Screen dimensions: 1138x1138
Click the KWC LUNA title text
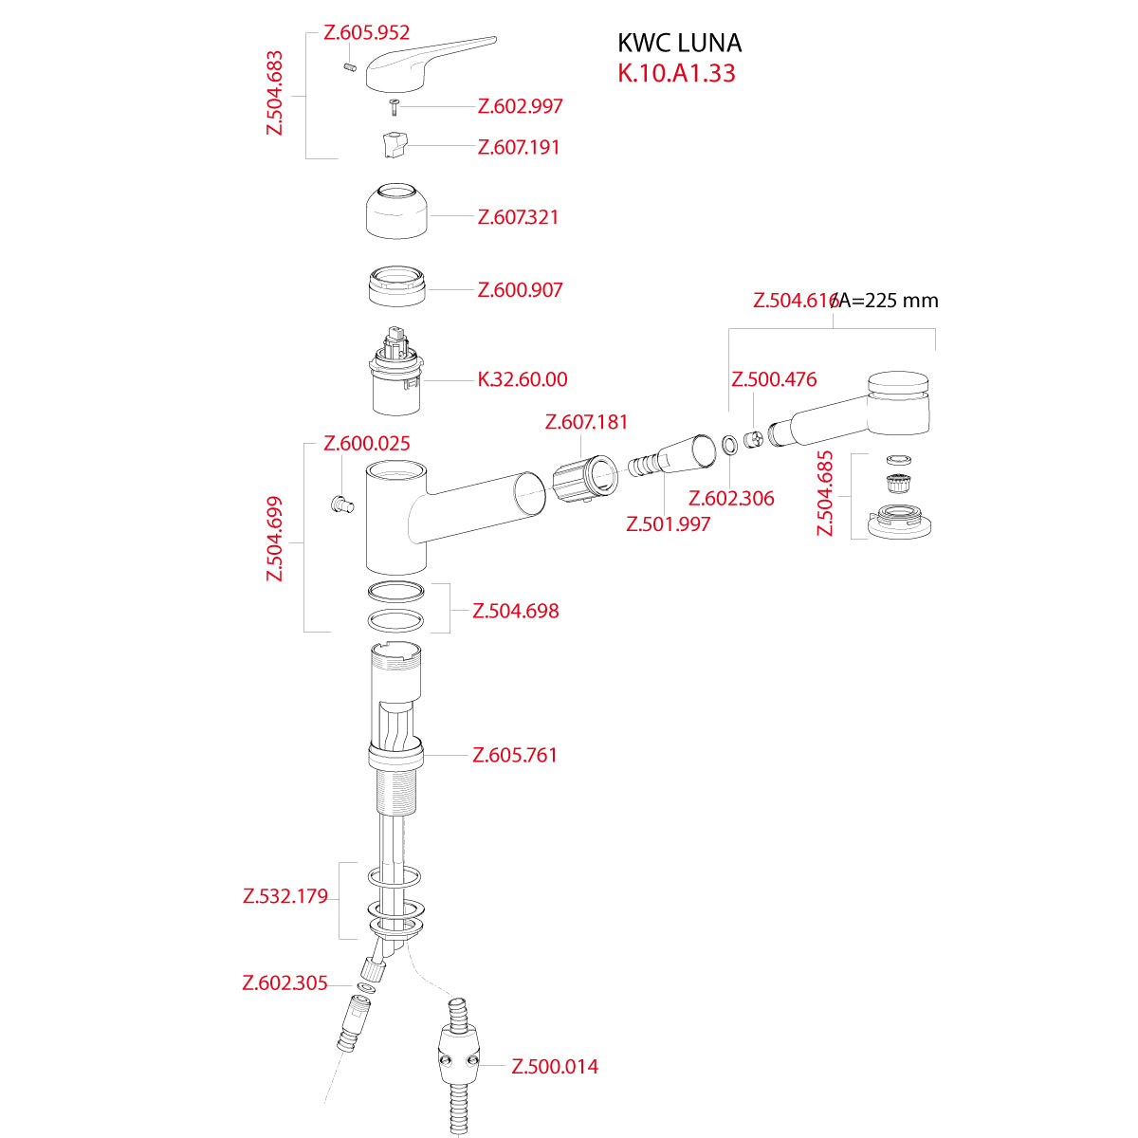click(x=679, y=43)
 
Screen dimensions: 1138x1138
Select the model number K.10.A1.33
click(x=676, y=73)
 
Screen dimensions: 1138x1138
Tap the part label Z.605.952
click(x=366, y=32)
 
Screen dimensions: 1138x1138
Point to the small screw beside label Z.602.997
click(x=395, y=107)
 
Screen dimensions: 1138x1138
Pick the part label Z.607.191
click(x=519, y=146)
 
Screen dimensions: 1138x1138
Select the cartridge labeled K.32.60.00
click(x=396, y=371)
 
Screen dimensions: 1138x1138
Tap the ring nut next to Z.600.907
click(x=396, y=285)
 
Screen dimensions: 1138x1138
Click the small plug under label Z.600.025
click(x=341, y=504)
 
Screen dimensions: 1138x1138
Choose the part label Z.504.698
click(x=515, y=611)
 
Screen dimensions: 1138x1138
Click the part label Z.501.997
click(x=668, y=523)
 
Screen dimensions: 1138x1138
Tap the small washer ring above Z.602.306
click(x=729, y=444)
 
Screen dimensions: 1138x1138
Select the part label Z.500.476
click(x=774, y=379)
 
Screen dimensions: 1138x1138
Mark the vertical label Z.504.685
click(x=824, y=493)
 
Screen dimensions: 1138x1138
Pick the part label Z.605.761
click(x=514, y=755)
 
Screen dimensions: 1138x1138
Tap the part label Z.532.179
click(x=285, y=896)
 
